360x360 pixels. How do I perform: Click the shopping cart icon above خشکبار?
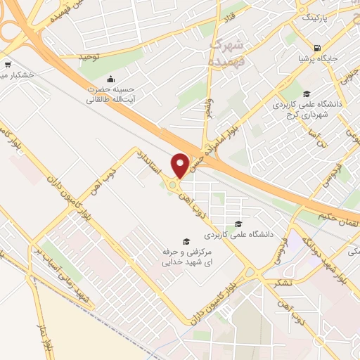pyautogui.click(x=5, y=63)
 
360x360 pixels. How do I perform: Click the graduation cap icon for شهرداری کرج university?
pyautogui.click(x=305, y=94)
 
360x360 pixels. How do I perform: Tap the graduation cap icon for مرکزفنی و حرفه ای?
pyautogui.click(x=186, y=241)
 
